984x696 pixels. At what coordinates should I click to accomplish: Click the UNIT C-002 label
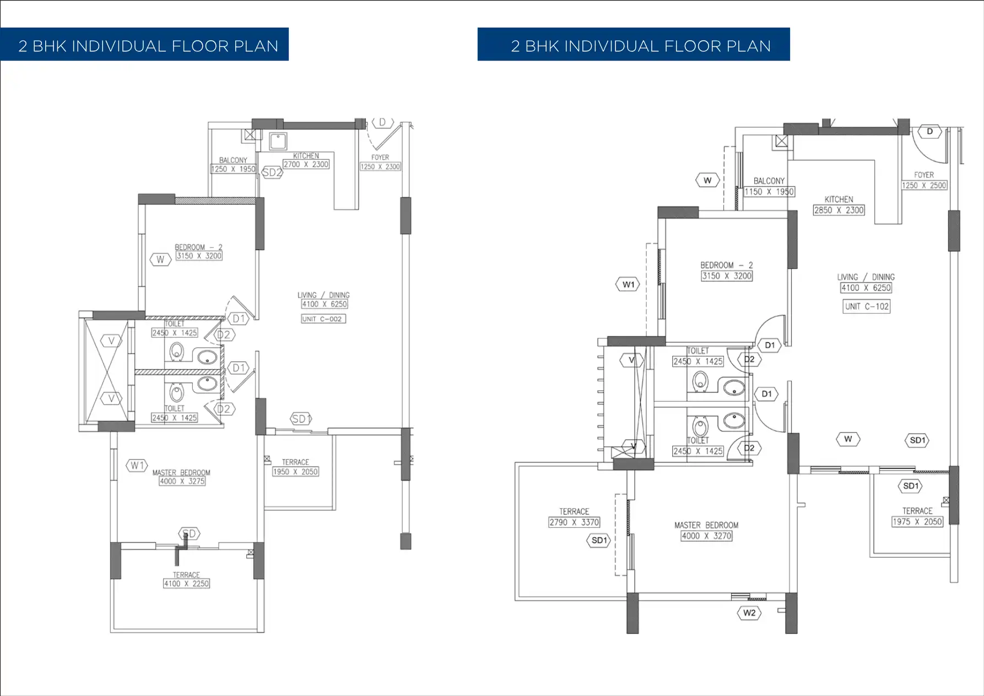coord(323,319)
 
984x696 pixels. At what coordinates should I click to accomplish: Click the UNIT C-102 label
coord(867,306)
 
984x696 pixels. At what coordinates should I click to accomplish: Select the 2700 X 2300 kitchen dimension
coord(306,164)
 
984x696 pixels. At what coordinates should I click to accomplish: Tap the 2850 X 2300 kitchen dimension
coord(839,210)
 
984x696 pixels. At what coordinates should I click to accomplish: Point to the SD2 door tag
coord(272,172)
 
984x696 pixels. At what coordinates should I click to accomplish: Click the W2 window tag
coord(749,613)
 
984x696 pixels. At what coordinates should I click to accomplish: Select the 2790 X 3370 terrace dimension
coord(574,522)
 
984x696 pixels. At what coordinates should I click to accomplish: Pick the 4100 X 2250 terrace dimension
coord(186,584)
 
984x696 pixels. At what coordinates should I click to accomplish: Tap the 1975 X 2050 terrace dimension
coord(917,521)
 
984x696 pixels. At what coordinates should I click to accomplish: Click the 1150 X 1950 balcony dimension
coord(769,191)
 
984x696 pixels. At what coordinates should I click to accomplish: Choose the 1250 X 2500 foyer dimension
coord(924,185)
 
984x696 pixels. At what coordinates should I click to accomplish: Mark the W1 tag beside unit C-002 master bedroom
coord(137,466)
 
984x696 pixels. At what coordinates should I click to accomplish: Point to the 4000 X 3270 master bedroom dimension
coord(706,536)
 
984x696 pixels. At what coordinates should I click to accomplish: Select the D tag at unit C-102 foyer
coord(930,132)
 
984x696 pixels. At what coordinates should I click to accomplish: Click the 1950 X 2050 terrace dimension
coord(295,472)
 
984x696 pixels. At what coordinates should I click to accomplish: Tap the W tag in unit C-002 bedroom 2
coord(160,260)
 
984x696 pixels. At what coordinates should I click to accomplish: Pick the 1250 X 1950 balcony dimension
coord(233,169)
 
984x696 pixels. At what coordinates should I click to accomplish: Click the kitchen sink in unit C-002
coord(278,141)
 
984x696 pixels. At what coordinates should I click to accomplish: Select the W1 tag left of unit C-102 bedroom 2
coord(629,284)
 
